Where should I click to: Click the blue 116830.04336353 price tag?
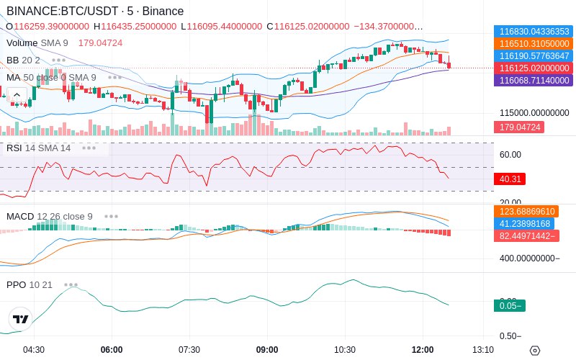(x=533, y=32)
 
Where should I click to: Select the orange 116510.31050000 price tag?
(x=533, y=44)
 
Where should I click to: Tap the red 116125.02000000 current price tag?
(x=533, y=68)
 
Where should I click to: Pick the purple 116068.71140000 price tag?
(x=533, y=80)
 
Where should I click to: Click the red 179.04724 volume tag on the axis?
(x=518, y=127)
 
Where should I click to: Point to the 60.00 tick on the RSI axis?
(x=510, y=155)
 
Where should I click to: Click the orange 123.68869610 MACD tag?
(x=526, y=212)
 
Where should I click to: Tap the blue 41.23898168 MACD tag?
(x=526, y=224)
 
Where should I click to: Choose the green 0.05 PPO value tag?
(x=510, y=305)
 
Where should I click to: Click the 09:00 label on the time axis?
(x=267, y=350)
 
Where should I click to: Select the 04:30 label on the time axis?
(x=34, y=350)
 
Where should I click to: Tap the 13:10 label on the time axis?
(x=483, y=350)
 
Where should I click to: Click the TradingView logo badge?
(x=21, y=319)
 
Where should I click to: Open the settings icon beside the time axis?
(x=534, y=351)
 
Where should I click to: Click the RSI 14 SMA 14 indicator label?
(x=38, y=148)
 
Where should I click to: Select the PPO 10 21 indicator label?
(x=30, y=284)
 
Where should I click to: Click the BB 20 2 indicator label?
(x=23, y=60)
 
